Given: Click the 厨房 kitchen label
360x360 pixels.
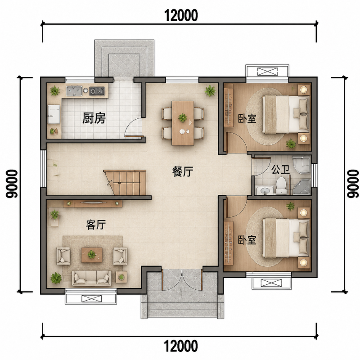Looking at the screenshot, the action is [94, 118].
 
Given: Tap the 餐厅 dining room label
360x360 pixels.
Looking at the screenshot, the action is [183, 171].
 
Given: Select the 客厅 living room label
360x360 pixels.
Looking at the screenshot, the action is [96, 225].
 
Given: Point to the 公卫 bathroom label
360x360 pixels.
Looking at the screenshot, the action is [280, 170].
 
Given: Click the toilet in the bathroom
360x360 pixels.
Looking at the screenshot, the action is [281, 186].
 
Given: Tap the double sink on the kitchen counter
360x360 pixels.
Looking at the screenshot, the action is [74, 91].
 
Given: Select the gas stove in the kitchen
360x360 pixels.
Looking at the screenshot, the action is [97, 91].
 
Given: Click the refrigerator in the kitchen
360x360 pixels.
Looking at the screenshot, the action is [54, 114].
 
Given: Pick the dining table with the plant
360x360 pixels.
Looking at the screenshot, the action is [183, 123].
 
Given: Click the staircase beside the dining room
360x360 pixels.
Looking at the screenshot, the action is [126, 183].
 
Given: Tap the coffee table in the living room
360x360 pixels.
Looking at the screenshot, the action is [92, 255].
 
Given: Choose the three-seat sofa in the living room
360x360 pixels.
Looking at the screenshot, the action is [92, 278].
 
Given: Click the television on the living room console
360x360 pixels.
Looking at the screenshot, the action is [92, 202].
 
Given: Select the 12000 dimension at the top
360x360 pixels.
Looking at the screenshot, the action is [181, 15].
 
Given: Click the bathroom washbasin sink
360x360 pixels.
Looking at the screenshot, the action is [265, 190].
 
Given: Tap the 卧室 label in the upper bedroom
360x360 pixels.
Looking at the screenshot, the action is [247, 119].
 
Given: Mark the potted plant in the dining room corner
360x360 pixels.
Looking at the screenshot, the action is [210, 91].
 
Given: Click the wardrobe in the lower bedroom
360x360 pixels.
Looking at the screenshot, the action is [229, 243].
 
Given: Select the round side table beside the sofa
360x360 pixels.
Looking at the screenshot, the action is [121, 277].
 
